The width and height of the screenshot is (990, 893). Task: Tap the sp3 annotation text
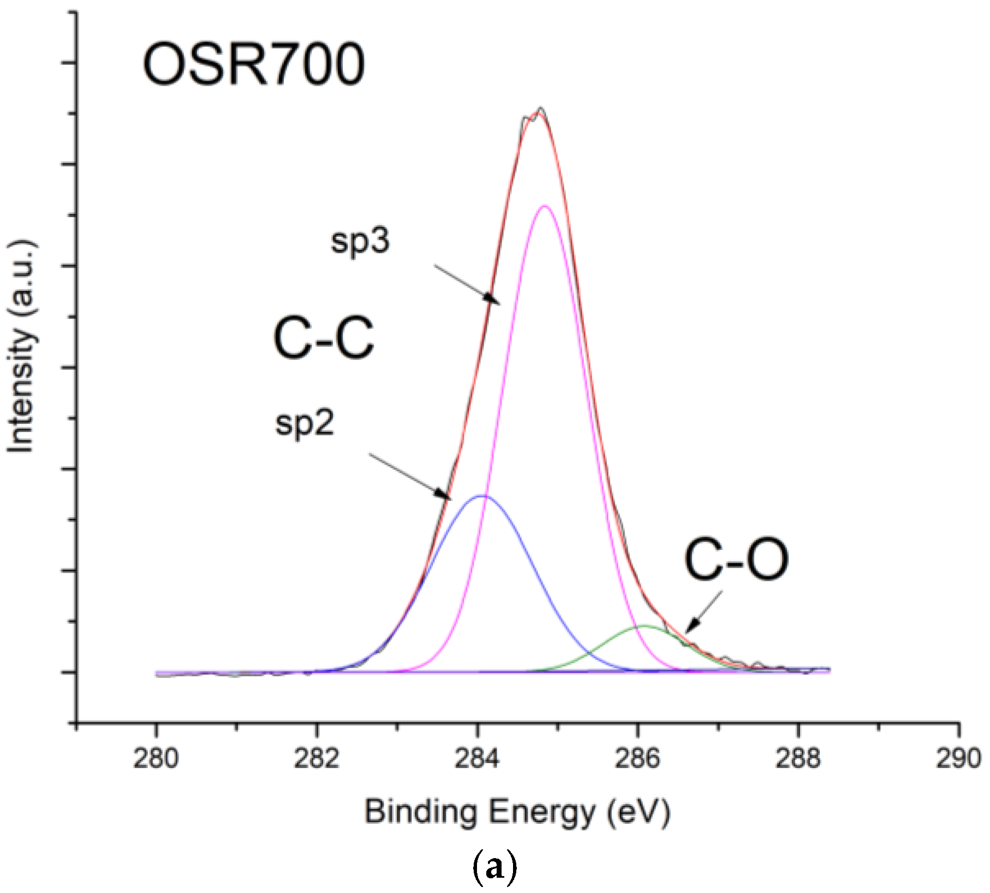[x=360, y=241]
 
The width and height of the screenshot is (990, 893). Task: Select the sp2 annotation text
[x=304, y=423]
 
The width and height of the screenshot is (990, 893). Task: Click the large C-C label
[x=324, y=339]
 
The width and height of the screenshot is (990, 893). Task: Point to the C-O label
[x=736, y=560]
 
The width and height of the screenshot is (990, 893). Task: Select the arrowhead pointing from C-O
[x=689, y=629]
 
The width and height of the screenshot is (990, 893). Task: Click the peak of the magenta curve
[x=544, y=206]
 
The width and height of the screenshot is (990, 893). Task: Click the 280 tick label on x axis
[x=156, y=759]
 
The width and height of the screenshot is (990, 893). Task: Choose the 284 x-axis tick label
[x=477, y=759]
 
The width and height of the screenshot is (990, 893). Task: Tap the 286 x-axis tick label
[x=637, y=759]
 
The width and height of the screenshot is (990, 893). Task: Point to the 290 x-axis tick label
[x=958, y=759]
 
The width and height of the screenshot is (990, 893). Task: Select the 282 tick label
[x=317, y=759]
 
